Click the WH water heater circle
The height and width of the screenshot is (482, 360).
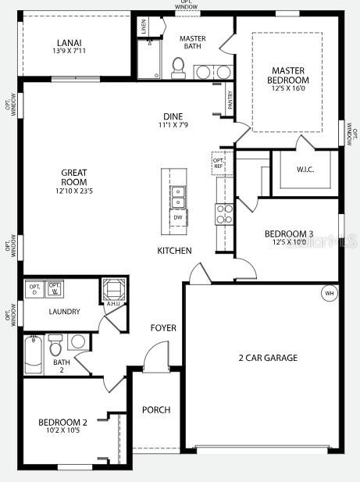click(329, 293)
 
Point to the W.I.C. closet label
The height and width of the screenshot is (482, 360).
click(305, 170)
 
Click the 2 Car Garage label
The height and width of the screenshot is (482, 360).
click(268, 358)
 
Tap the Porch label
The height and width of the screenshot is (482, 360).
click(156, 409)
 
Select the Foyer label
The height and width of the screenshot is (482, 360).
click(163, 328)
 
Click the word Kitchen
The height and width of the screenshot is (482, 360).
click(174, 251)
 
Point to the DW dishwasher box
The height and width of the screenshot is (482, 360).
click(178, 218)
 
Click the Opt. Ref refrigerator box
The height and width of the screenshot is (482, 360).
click(219, 162)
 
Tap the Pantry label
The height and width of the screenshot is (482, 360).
click(230, 99)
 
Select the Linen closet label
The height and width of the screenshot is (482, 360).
click(144, 25)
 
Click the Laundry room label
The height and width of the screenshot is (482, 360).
click(64, 312)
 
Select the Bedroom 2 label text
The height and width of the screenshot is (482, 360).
click(62, 423)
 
